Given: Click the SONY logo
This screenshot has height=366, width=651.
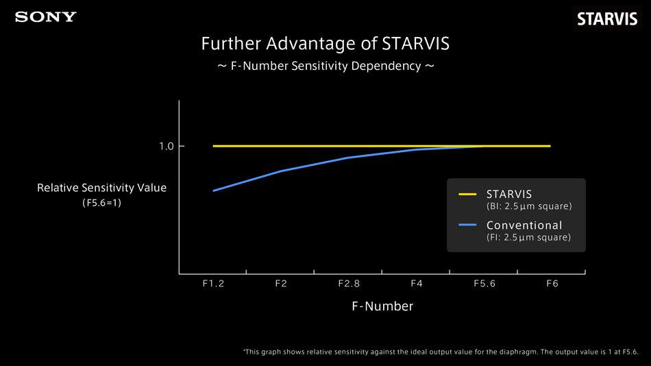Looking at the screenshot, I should (46, 17).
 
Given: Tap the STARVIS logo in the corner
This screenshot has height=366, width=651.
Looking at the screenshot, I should (607, 19).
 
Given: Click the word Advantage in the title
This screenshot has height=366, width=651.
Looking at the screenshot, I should (310, 44).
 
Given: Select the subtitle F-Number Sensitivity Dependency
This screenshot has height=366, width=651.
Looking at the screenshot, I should (325, 66).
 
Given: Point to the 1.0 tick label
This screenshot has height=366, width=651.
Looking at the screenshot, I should (167, 146).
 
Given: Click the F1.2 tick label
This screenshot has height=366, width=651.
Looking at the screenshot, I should (213, 284).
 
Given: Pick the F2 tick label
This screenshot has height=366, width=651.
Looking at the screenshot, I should (281, 284).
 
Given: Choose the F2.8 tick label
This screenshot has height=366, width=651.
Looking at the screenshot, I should (349, 284).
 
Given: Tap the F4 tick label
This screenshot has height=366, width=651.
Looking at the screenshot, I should (417, 284).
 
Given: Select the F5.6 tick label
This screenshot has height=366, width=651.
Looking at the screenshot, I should (484, 284).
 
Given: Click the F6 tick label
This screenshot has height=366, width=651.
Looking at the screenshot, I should (552, 284).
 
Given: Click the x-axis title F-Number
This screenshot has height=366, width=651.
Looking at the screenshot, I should (382, 306).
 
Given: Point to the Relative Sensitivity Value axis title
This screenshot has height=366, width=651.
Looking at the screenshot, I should (101, 188).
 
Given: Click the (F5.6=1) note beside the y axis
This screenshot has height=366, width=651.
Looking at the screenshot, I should (101, 203).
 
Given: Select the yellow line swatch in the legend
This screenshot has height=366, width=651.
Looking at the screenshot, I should (467, 194).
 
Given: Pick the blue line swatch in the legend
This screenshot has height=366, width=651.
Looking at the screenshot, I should (467, 225).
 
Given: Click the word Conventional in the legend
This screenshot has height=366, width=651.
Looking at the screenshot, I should (524, 225).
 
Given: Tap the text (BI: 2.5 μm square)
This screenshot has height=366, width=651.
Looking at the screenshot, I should (529, 206).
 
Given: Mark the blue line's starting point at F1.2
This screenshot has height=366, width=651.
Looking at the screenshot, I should (214, 191).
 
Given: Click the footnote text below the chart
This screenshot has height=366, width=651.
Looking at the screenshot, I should (441, 352).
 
